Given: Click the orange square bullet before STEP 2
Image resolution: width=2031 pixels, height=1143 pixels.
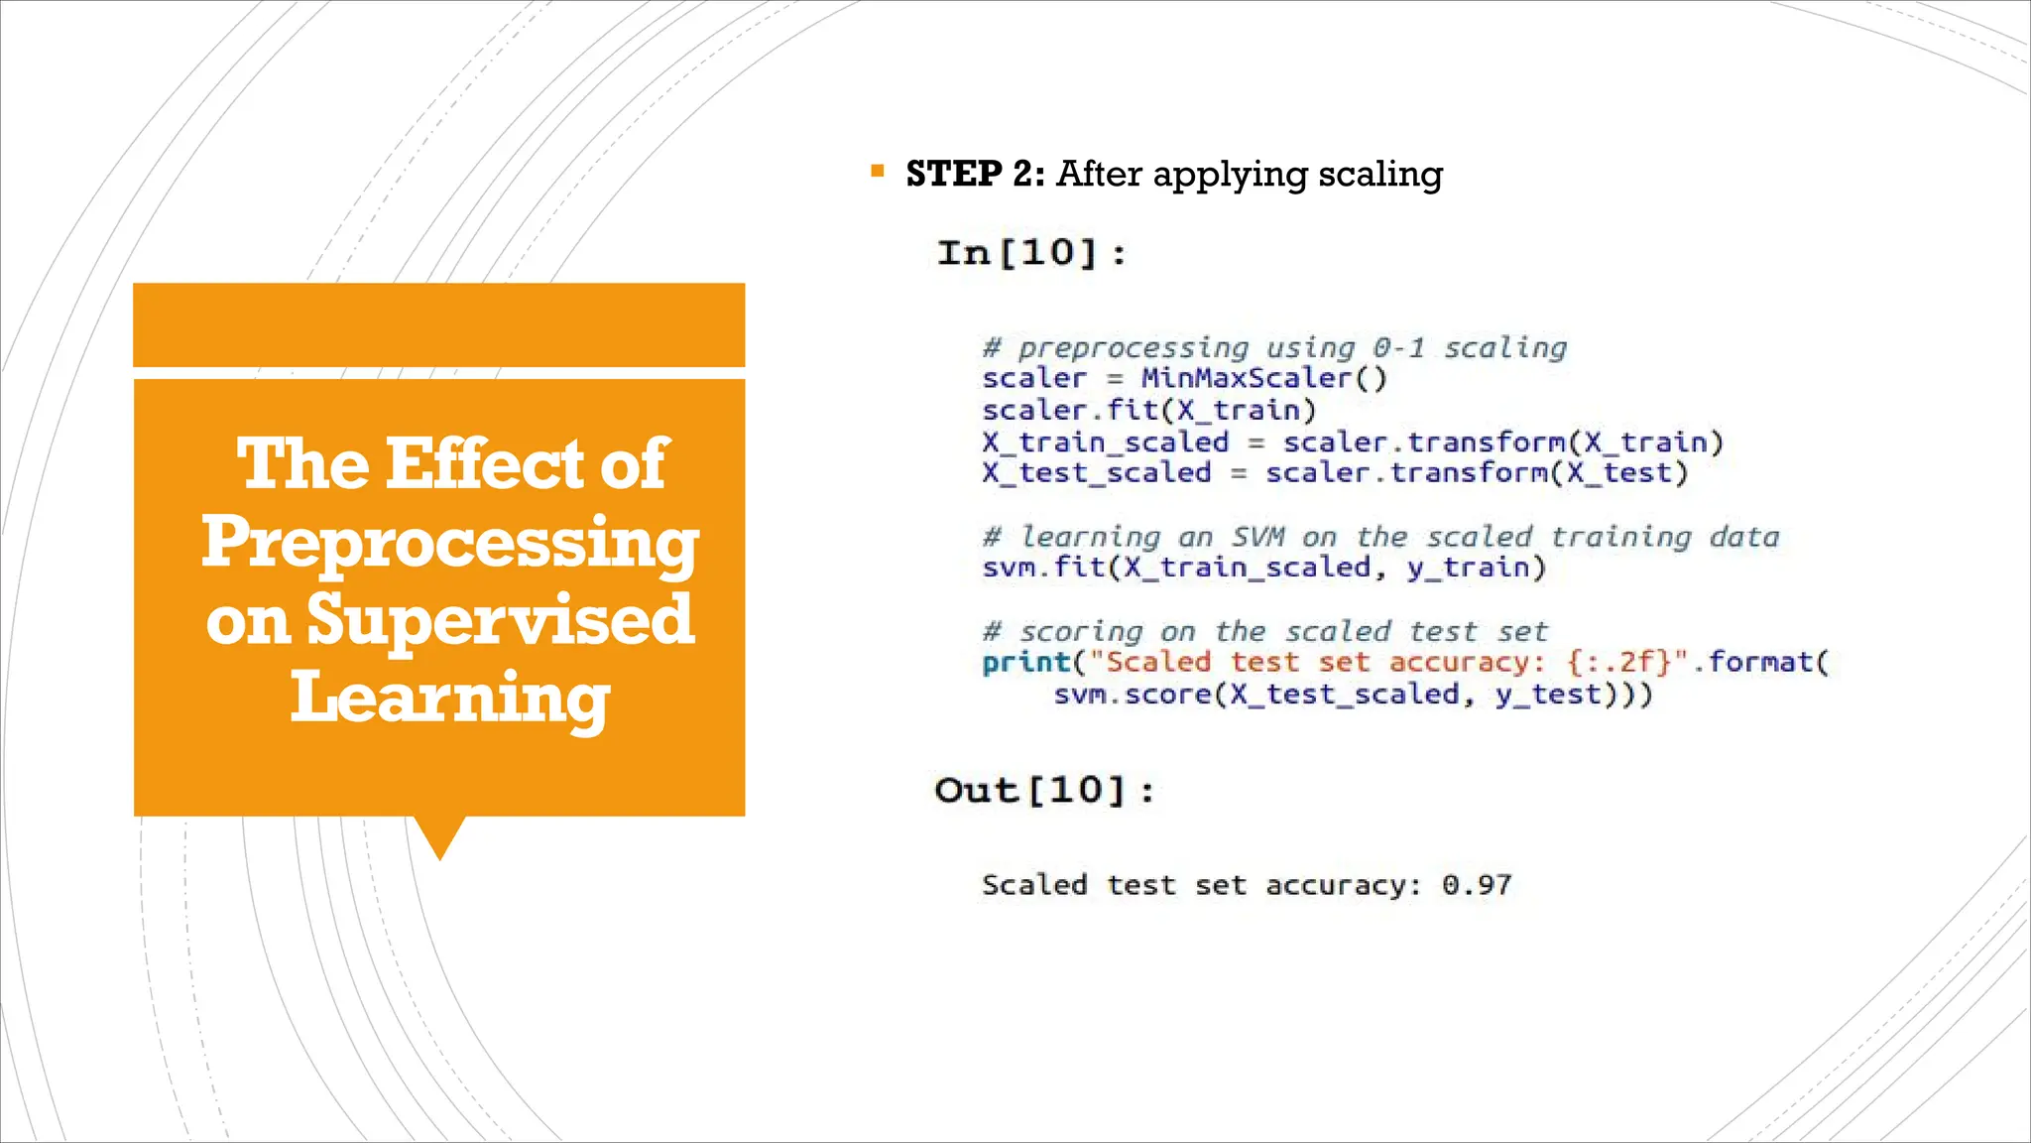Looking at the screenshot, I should [877, 172].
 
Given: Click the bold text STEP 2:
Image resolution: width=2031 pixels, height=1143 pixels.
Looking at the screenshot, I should [975, 174].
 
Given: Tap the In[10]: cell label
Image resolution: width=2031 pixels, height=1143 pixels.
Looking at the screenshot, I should [1031, 253].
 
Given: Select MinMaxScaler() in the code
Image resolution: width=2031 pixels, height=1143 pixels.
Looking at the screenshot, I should [1263, 378].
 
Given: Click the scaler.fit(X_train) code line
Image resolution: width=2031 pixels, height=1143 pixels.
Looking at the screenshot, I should [1148, 410].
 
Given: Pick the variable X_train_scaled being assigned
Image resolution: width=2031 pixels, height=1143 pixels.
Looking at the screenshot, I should [1105, 442].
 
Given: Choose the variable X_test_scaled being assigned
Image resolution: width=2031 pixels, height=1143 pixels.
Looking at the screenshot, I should [1096, 472].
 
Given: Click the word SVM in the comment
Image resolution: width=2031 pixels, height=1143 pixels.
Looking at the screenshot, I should [1257, 537].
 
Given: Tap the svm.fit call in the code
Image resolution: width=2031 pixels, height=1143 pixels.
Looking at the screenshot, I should [1041, 568].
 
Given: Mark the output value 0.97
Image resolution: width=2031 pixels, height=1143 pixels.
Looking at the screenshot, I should [1477, 884].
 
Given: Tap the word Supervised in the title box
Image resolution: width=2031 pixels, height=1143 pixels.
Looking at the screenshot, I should [500, 619].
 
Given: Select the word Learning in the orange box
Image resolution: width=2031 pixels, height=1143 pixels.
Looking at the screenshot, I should [450, 697].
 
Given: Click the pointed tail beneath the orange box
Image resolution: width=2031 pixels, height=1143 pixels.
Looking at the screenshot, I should [439, 838].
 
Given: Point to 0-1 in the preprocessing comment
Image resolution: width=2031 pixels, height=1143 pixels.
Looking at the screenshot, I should [1398, 347].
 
